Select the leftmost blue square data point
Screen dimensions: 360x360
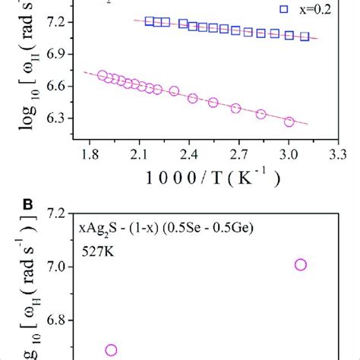pyautogui.click(x=149, y=21)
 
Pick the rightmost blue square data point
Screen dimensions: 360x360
pyautogui.click(x=305, y=36)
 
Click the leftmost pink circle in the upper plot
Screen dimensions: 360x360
pyautogui.click(x=103, y=75)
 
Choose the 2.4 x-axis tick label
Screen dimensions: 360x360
pyautogui.click(x=188, y=154)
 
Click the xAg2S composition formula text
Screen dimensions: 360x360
pyautogui.click(x=169, y=228)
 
